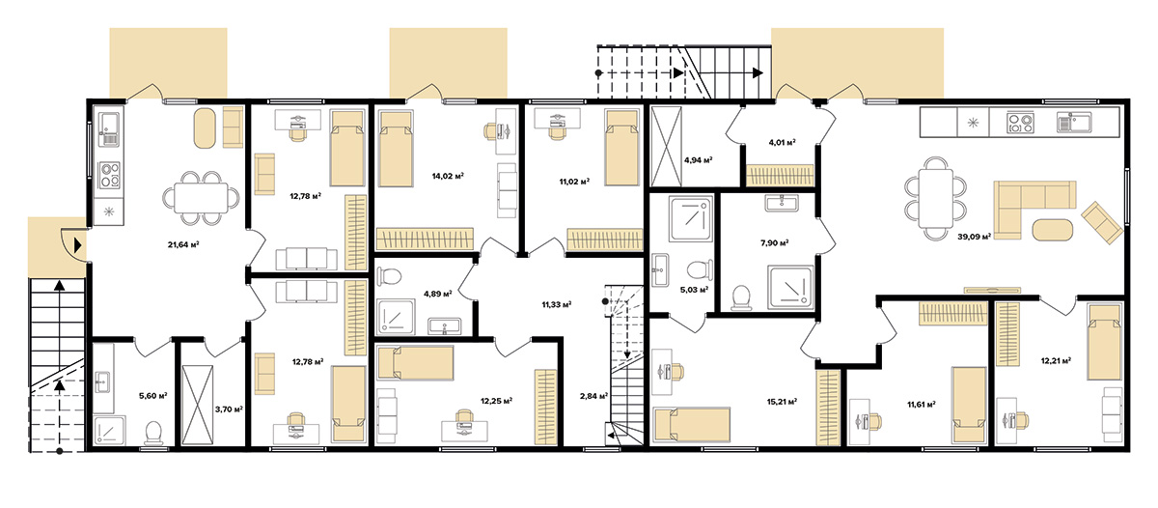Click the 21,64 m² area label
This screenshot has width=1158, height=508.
click(183, 244)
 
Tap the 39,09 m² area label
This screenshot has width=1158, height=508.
click(974, 237)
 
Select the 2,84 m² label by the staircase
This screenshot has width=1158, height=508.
click(593, 396)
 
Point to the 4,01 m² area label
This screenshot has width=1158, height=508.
click(782, 142)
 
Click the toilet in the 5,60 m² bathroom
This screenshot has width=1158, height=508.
click(153, 433)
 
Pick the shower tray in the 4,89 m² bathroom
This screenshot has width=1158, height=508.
click(396, 317)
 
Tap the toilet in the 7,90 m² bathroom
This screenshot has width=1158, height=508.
click(742, 298)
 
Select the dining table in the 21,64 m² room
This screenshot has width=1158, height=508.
click(201, 198)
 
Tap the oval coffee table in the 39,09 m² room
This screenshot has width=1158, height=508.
click(1053, 230)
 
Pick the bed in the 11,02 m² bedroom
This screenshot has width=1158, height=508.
click(621, 148)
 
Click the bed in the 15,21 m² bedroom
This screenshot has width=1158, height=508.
click(692, 425)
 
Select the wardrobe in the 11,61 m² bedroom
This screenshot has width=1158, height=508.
click(952, 314)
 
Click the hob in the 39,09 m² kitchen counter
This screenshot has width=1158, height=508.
click(1020, 122)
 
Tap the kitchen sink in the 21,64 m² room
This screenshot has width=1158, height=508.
click(109, 129)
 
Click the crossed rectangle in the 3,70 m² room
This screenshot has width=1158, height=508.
click(198, 405)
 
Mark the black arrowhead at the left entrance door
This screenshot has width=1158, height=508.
click(77, 244)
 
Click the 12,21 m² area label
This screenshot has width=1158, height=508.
click(1056, 360)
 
